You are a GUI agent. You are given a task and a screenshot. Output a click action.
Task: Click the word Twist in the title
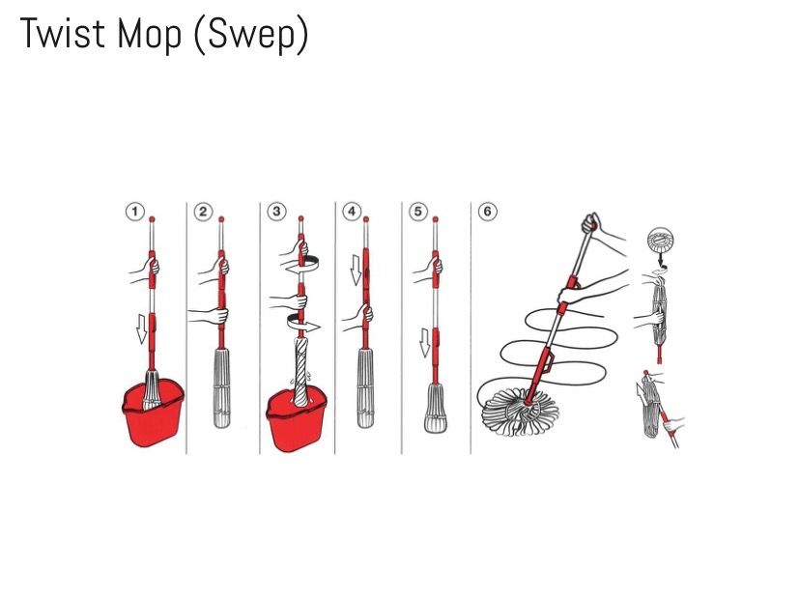click(62, 33)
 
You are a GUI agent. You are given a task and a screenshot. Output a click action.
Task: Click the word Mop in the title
click(149, 35)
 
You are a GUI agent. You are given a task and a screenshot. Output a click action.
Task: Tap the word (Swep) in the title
click(250, 35)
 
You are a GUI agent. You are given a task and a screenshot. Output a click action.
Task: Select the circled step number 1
click(135, 211)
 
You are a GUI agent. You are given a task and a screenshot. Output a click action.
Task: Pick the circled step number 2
click(203, 211)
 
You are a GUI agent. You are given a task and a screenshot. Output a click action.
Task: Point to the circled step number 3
click(276, 211)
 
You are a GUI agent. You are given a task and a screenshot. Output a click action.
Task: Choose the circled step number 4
click(352, 211)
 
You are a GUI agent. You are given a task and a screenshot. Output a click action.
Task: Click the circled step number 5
click(418, 211)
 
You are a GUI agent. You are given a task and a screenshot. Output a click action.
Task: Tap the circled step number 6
click(487, 211)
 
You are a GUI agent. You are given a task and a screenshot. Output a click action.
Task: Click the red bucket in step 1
click(153, 413)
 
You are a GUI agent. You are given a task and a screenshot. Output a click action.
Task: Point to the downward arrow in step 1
click(141, 328)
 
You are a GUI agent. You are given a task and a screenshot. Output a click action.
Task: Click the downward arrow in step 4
click(356, 270)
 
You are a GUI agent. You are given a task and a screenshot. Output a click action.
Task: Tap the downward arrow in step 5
click(424, 342)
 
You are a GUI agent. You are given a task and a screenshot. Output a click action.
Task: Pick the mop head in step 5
click(435, 409)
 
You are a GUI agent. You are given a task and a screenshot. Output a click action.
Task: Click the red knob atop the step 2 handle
click(221, 219)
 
